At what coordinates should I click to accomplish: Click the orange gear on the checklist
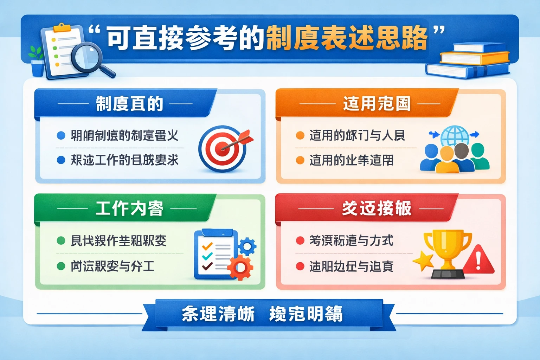[x=240, y=267]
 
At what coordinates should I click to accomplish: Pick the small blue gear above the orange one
[x=247, y=246]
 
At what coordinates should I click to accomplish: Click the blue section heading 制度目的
[x=129, y=104]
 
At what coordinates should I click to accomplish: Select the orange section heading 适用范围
[x=377, y=104]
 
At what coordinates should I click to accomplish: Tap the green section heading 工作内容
[x=129, y=208]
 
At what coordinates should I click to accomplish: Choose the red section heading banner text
[x=377, y=208]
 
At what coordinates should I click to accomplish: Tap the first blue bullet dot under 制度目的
[x=61, y=135]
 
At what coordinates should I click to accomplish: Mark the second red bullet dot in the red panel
[x=300, y=266]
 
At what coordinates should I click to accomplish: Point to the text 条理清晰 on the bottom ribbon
[x=218, y=314]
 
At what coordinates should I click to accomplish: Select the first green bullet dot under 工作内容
[x=61, y=241]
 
